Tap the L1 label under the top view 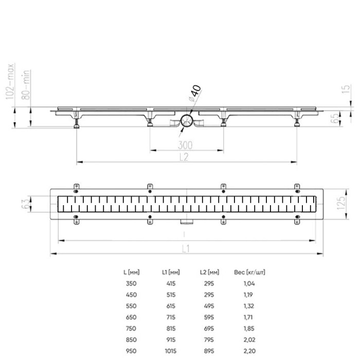coord(187,248)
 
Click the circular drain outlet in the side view coord(187,121)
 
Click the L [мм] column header coord(132,272)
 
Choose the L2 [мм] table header coord(209,272)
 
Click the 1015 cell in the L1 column coord(171,350)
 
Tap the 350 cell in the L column coord(132,283)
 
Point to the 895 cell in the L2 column coord(209,350)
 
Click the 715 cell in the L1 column coord(171,316)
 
